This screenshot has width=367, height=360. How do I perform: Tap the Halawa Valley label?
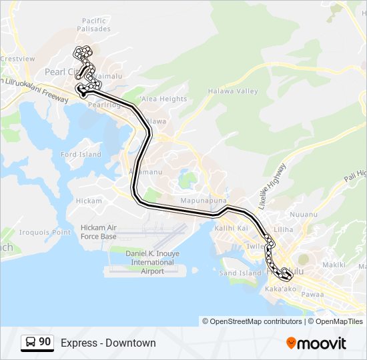[232, 91]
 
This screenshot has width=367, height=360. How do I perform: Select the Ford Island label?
[81, 155]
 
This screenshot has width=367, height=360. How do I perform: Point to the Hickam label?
[89, 201]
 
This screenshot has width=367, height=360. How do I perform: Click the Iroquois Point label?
[44, 233]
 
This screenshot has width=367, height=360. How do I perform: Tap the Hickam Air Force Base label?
[98, 232]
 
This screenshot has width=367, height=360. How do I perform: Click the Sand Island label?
[240, 273]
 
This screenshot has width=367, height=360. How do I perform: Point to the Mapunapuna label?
[204, 200]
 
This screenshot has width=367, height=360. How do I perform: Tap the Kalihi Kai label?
[232, 228]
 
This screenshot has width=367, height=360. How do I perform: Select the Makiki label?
[334, 265]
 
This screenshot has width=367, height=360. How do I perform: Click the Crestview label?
[17, 59]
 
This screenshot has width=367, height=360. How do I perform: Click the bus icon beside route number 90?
[31, 343]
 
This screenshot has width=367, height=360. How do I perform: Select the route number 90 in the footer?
[45, 342]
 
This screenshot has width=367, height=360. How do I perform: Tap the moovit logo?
[316, 343]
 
